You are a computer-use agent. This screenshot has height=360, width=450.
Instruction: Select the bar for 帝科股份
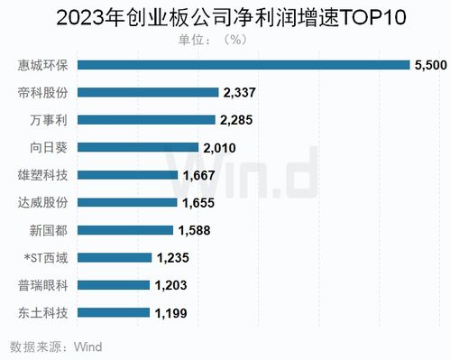150,92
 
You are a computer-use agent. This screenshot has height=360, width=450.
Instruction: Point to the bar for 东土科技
115,313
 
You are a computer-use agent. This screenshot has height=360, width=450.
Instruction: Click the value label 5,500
427,65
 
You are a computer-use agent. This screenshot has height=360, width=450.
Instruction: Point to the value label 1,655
198,203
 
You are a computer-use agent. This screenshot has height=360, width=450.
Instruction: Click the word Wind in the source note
87,346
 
